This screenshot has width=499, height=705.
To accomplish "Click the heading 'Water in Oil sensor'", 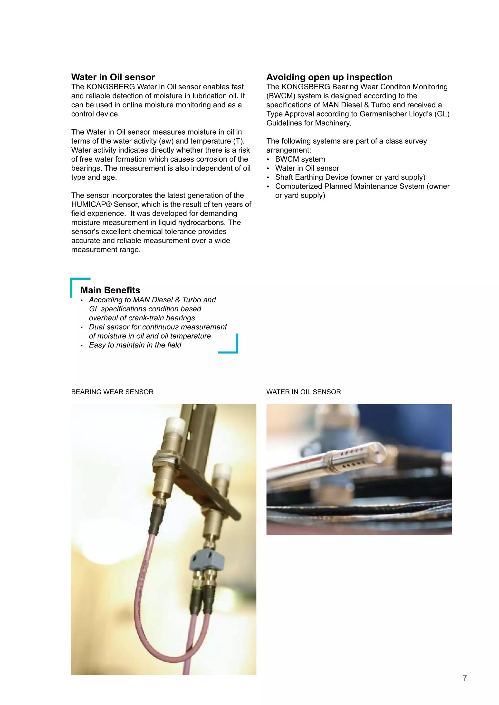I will [113, 77].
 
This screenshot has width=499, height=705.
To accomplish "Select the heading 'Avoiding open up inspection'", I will [329, 77].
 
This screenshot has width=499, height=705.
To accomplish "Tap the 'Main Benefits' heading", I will [110, 290].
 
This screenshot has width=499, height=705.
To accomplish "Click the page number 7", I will [465, 678].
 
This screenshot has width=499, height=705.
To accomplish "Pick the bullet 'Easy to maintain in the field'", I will [135, 345].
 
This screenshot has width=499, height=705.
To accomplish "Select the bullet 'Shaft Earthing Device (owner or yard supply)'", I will [350, 177].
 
